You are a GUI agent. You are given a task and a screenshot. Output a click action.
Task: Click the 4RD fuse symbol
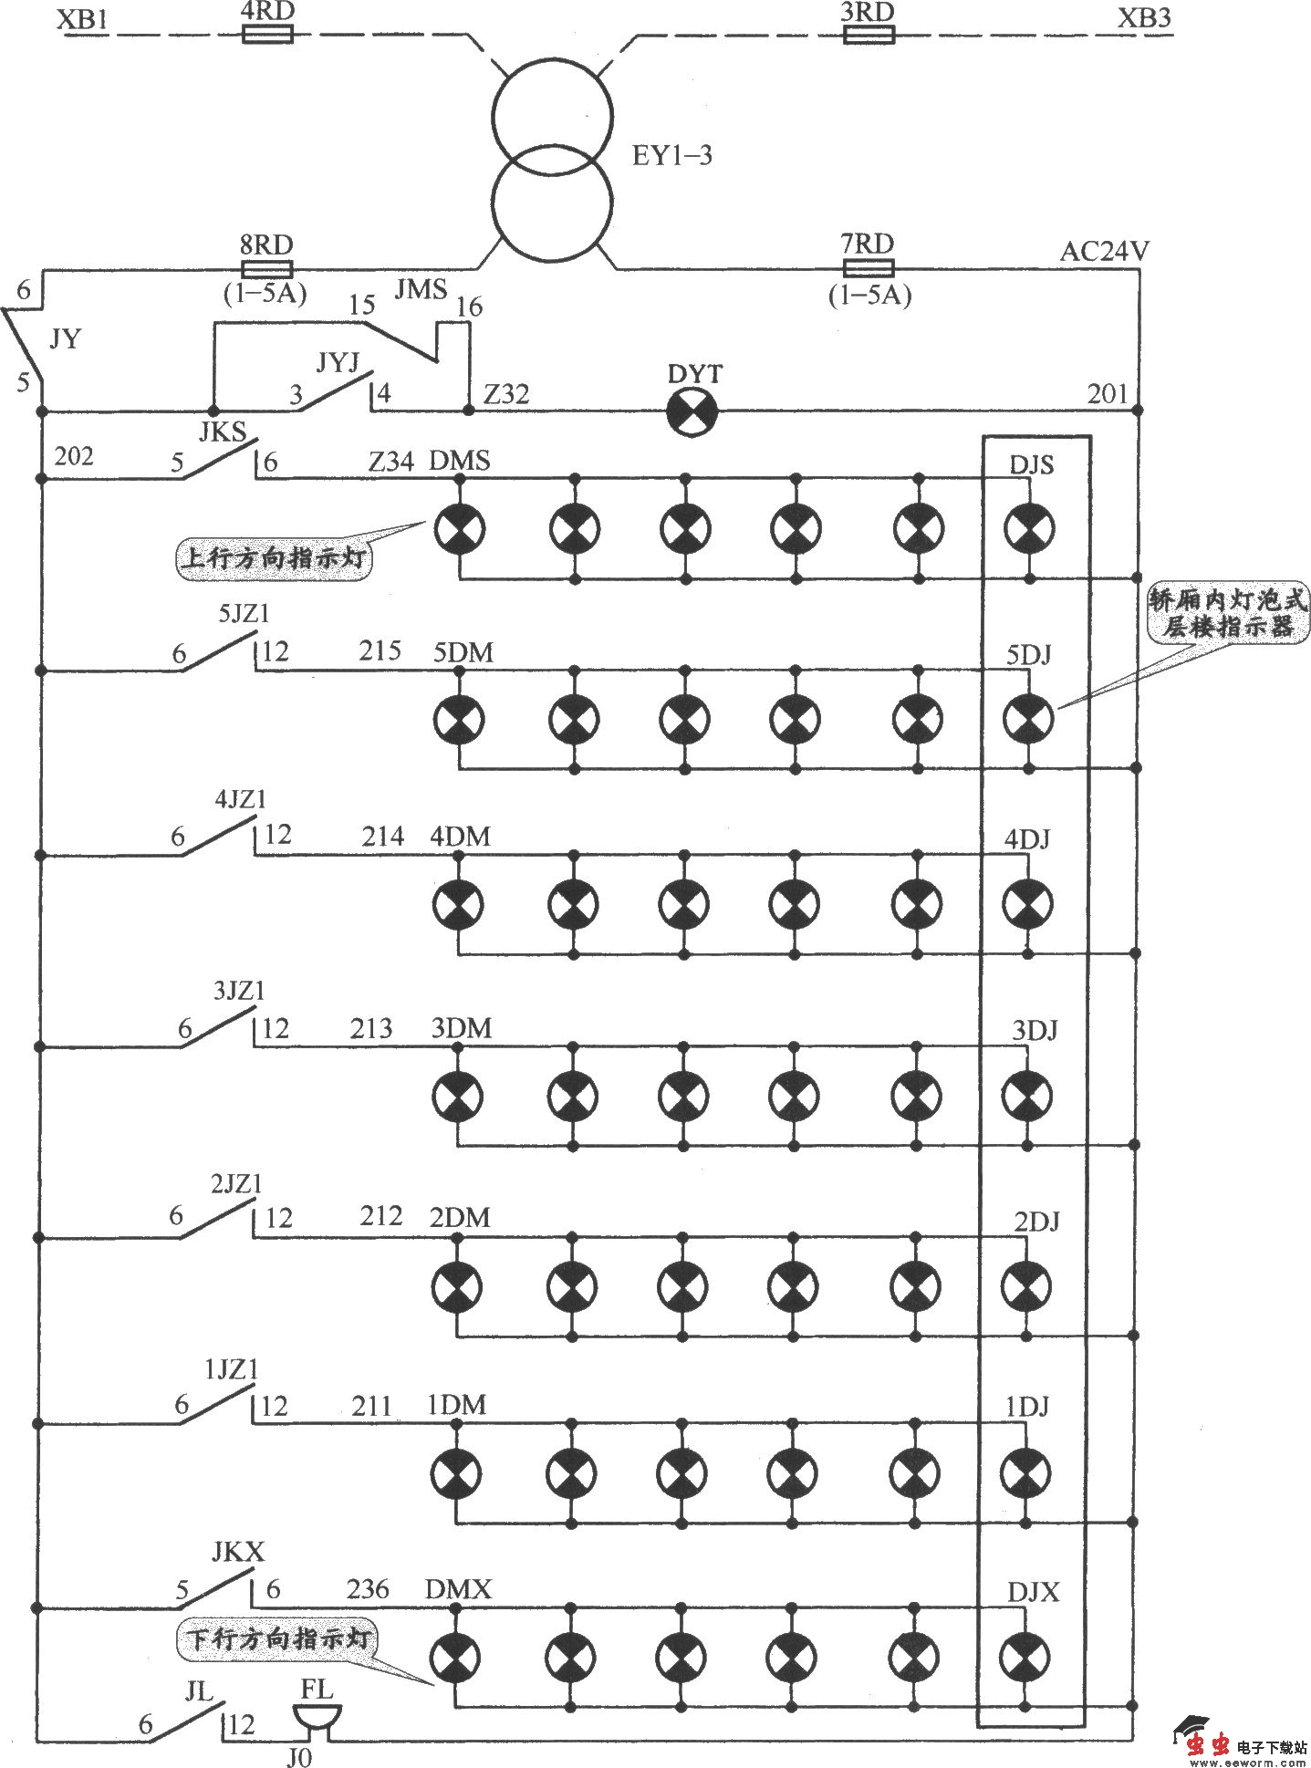click(267, 35)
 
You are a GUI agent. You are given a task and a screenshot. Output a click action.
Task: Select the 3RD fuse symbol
click(868, 35)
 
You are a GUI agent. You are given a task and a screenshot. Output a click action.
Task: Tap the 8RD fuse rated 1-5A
click(266, 268)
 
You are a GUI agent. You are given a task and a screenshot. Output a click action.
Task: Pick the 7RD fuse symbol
click(868, 268)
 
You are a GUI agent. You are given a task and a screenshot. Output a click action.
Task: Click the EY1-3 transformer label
click(671, 156)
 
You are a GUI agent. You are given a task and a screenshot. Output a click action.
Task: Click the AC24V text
click(1104, 252)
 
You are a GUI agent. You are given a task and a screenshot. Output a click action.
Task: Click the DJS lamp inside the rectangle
click(1029, 528)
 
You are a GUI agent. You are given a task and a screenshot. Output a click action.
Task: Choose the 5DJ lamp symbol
click(1029, 719)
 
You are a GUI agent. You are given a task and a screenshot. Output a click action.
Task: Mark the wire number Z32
click(506, 394)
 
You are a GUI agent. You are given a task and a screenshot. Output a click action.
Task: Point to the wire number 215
click(380, 650)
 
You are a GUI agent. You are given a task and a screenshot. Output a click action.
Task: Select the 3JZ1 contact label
click(239, 991)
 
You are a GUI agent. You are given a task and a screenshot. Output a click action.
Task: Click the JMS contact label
click(421, 290)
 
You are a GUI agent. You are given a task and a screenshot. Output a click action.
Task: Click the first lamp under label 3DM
click(457, 1094)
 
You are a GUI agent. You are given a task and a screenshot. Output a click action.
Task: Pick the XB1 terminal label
click(82, 19)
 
